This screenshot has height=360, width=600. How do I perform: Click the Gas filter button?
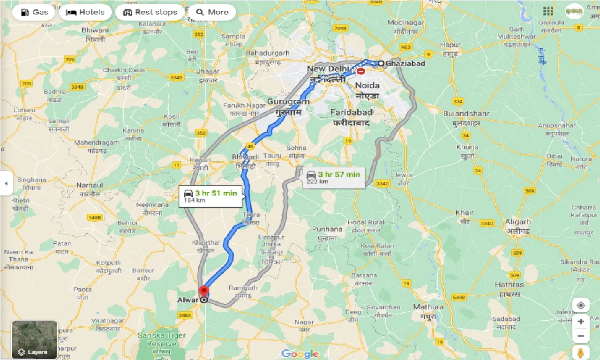coord(33,12)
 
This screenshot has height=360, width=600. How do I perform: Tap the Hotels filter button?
coord(86,12)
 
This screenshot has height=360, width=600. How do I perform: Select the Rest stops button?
coord(150,12)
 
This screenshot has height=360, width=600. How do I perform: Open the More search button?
coord(212,12)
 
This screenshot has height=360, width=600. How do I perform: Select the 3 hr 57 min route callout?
coord(333,178)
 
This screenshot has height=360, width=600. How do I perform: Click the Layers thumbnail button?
coord(34,340)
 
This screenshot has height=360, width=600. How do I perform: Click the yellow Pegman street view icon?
coord(581,352)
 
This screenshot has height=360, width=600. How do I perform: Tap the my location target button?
coord(581,306)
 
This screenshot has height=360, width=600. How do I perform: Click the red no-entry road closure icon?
coord(361,71)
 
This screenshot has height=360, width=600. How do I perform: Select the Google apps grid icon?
coord(548,11)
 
